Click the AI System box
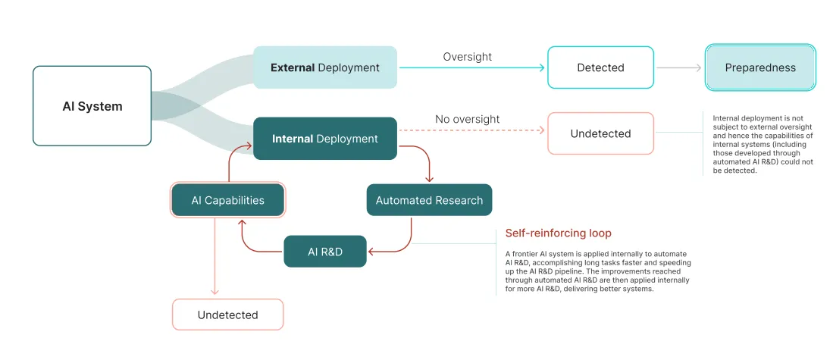tap(92, 106)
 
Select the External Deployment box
tap(324, 67)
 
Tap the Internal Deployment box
tap(324, 139)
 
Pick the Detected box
tap(600, 67)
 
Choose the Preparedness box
tap(760, 67)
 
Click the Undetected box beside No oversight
tap(600, 133)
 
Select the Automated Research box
tap(429, 200)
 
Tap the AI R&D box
tap(324, 251)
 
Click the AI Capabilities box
tap(227, 200)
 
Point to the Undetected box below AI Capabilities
tap(227, 315)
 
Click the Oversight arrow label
tap(467, 57)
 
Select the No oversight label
tap(467, 119)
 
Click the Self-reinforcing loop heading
tap(558, 233)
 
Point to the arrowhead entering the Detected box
tap(541, 67)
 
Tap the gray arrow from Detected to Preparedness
tap(679, 67)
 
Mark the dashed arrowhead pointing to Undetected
tap(541, 130)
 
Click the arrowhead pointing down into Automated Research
tap(429, 180)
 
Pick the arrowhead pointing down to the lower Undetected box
tap(215, 293)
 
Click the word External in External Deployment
tap(293, 67)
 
